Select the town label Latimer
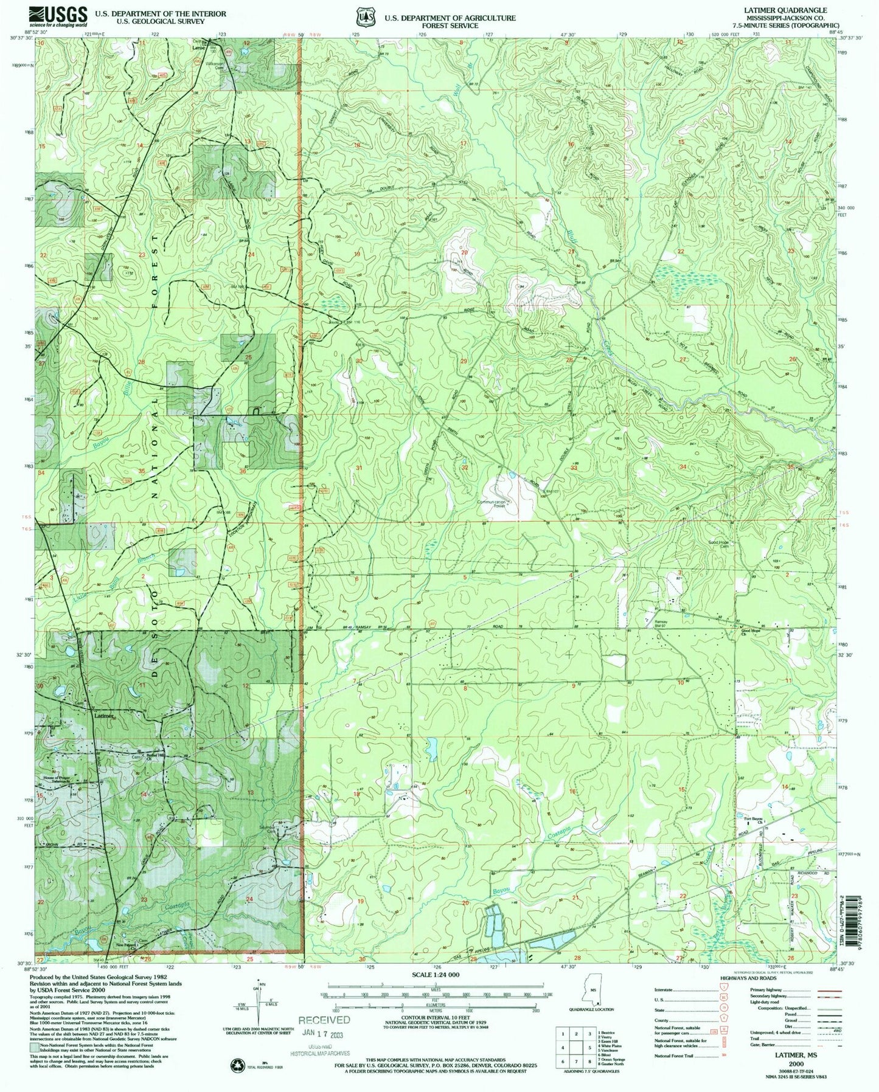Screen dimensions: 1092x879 tap(104, 716)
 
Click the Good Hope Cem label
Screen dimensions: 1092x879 tap(718, 544)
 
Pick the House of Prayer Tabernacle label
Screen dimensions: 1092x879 tap(59, 779)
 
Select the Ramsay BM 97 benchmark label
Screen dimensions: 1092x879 tap(662, 624)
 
